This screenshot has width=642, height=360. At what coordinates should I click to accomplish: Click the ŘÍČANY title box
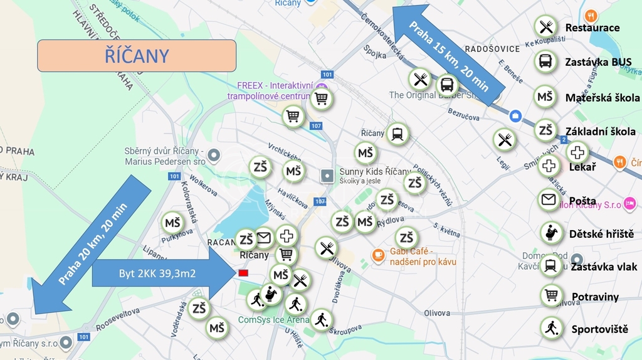coord(136,56)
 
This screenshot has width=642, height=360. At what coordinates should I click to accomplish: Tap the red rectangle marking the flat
coord(243,273)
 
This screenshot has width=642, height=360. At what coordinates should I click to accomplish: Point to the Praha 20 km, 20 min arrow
coord(91,245)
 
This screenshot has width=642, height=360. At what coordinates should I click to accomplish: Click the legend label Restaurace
coord(592,28)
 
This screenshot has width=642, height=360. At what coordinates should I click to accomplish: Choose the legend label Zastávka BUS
coord(598,62)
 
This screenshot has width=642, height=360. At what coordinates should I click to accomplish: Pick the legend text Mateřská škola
coord(602,97)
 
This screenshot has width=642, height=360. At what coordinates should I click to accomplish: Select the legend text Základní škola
coord(600,132)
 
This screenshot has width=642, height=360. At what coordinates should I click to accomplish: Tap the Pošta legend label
coord(582,201)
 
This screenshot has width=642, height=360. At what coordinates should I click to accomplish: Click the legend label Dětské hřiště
coord(601,234)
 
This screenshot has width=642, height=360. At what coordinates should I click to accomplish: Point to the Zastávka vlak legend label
coord(603,267)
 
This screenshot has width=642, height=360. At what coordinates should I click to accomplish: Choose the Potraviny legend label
coord(595,297)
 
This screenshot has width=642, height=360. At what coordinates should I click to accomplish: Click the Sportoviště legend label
coord(599,329)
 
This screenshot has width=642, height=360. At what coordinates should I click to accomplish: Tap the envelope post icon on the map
coord(263,238)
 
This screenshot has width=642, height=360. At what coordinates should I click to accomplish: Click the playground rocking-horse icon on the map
coord(271,294)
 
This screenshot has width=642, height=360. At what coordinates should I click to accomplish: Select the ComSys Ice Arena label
coord(273,320)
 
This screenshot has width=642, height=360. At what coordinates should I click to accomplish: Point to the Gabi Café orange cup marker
coord(377,255)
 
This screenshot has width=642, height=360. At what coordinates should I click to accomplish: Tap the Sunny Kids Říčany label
coord(375,171)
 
